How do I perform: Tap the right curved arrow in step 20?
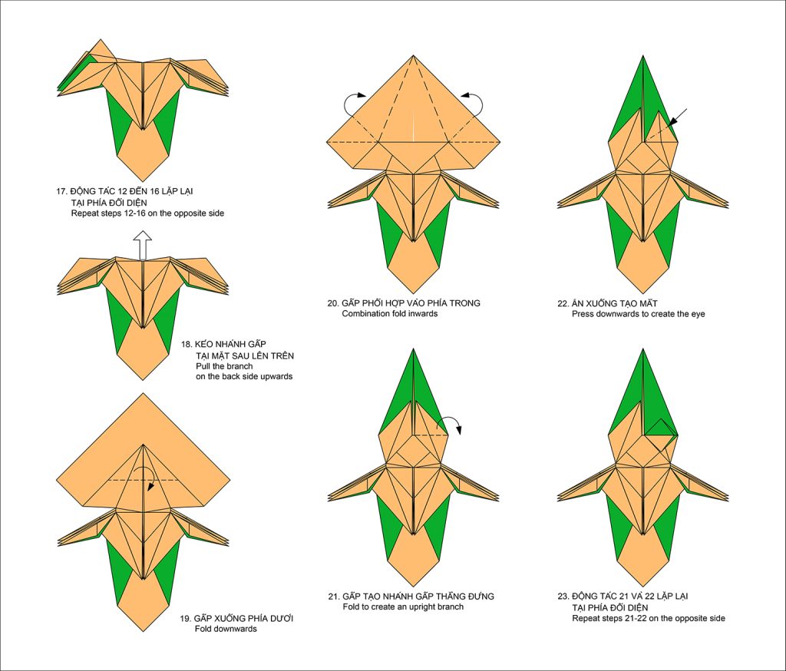pyautogui.click(x=473, y=103)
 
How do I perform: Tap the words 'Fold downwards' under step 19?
pyautogui.click(x=226, y=629)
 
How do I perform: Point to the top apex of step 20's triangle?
pyautogui.click(x=414, y=57)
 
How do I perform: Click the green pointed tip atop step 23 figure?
pyautogui.click(x=642, y=351)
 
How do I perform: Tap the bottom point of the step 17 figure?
pyautogui.click(x=144, y=180)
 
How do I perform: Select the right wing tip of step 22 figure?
pyautogui.click(x=727, y=205)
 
